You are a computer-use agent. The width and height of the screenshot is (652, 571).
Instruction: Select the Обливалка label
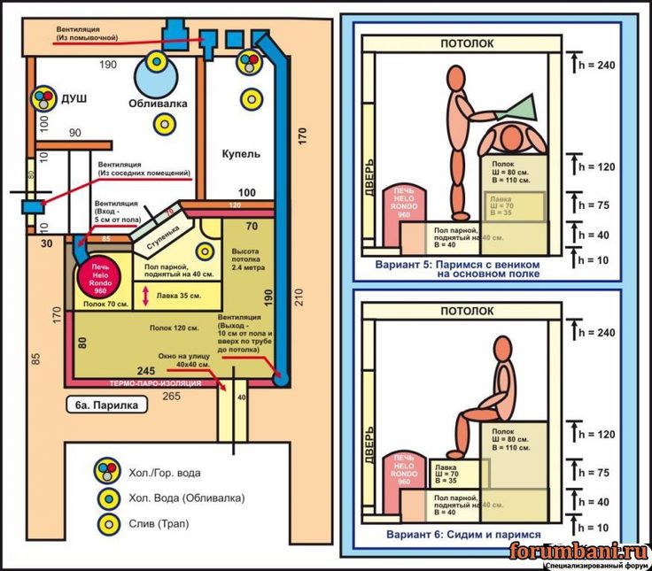[x=159, y=104]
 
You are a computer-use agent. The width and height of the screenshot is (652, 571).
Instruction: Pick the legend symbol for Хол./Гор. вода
[x=109, y=472]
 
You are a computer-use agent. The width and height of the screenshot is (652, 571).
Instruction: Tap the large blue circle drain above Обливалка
[x=158, y=62]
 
